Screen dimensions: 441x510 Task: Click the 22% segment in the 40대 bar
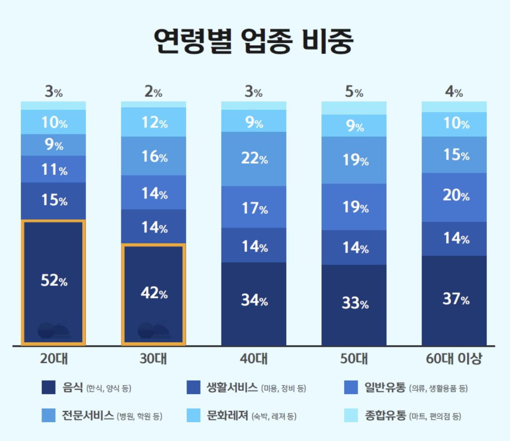coord(254,159)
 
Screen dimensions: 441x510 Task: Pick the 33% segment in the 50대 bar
coord(354,304)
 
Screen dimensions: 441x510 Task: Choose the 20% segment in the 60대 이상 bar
coord(454,196)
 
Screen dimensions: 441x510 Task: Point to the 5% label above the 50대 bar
coord(353,93)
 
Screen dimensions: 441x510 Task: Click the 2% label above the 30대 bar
coord(153,93)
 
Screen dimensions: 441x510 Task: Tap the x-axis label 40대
coord(254,360)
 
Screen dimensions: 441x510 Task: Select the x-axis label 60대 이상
coord(454,360)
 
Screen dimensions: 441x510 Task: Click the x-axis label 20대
coord(53,360)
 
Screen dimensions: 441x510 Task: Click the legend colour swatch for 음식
coord(48,388)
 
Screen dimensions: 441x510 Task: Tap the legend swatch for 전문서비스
coord(48,415)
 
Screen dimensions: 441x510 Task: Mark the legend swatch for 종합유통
coord(350,415)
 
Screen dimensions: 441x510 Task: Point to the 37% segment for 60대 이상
coord(454,299)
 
